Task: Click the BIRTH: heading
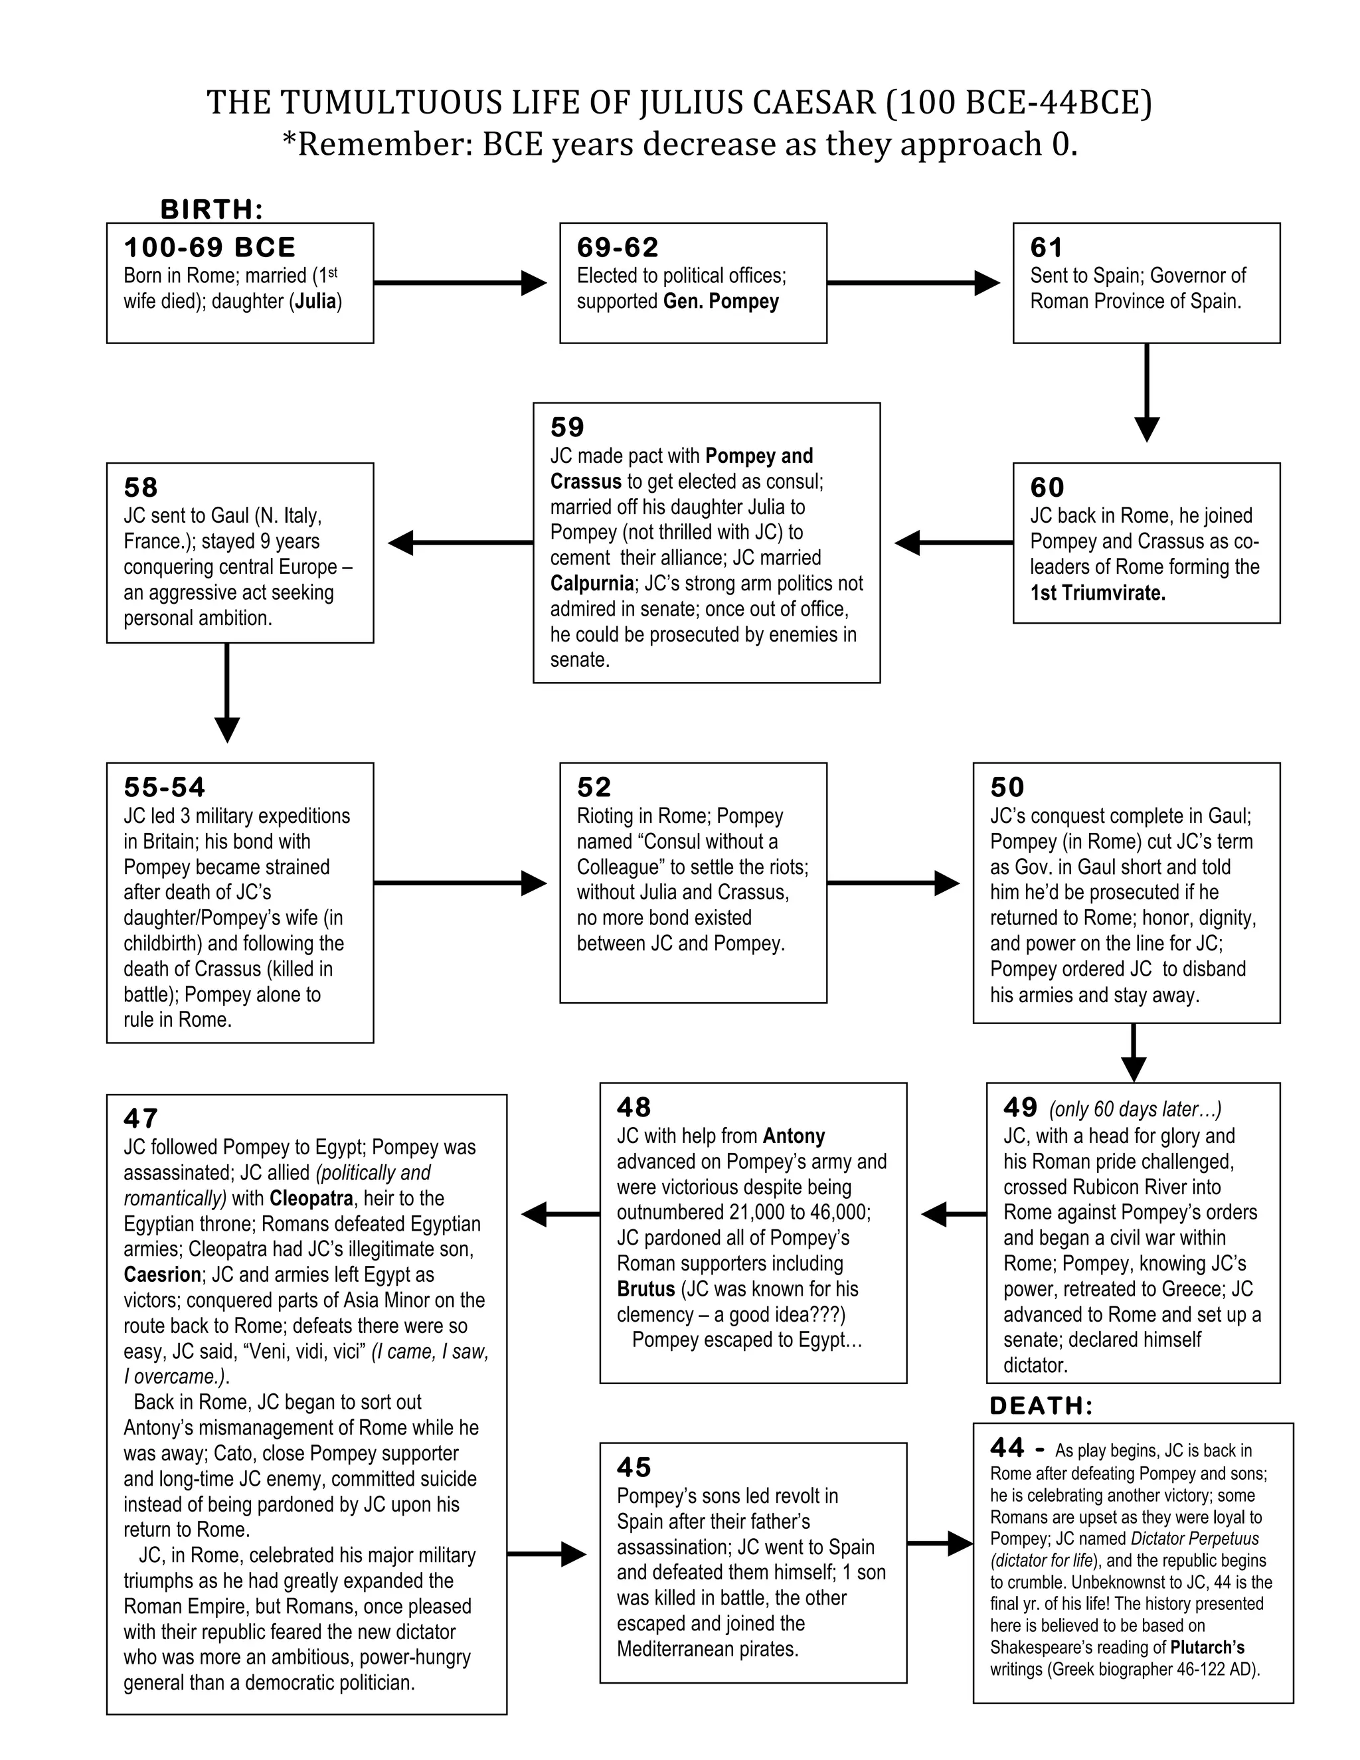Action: coord(212,209)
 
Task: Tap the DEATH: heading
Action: coord(1041,1406)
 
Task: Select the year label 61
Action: coord(1047,248)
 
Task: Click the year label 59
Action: coord(567,427)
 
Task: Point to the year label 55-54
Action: coord(165,787)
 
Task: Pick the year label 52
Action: coord(594,787)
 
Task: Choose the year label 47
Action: coord(141,1118)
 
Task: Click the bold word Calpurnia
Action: coord(592,582)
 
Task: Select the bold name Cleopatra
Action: coord(312,1198)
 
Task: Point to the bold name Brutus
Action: coord(645,1288)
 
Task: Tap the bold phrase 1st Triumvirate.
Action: coord(1097,593)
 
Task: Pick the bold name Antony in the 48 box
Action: coord(794,1136)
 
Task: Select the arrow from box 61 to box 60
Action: coord(1146,393)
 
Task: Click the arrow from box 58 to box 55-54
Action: coord(227,692)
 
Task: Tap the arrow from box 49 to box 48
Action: coord(954,1213)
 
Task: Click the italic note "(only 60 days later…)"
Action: coord(1135,1110)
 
